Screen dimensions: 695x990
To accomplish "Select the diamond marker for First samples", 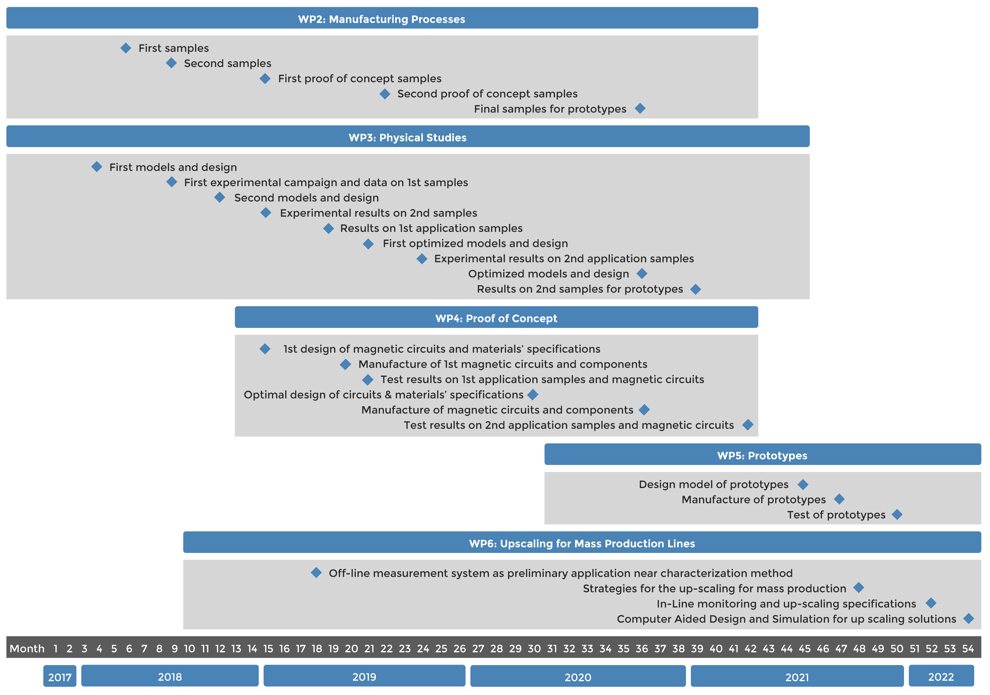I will pos(125,48).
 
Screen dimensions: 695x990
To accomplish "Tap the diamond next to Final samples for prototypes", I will pos(640,109).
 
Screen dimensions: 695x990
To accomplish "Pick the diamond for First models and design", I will pos(97,167).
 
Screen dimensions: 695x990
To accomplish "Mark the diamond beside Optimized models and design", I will pos(642,273).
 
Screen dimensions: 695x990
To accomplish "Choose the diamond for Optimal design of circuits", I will pos(533,394).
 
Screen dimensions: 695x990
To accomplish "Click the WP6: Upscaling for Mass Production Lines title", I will pos(582,543).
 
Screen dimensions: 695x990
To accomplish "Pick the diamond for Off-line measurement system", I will pos(316,573).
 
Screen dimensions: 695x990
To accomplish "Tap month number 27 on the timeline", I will pos(478,649).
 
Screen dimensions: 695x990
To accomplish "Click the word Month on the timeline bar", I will pos(27,649).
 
